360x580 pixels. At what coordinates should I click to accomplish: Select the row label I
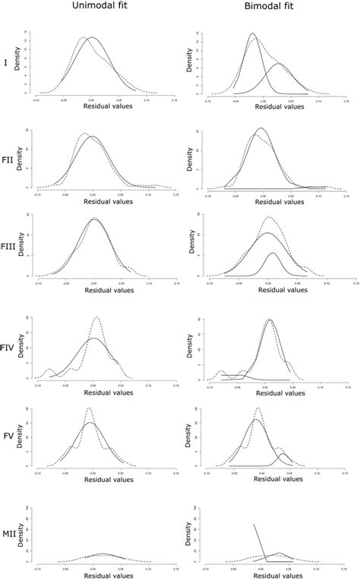point(6,63)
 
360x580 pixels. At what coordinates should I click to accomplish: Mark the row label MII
point(9,535)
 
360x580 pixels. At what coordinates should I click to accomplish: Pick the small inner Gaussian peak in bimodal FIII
point(273,253)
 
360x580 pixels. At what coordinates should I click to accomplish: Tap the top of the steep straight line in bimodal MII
point(254,524)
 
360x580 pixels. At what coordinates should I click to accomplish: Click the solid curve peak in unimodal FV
point(91,422)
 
